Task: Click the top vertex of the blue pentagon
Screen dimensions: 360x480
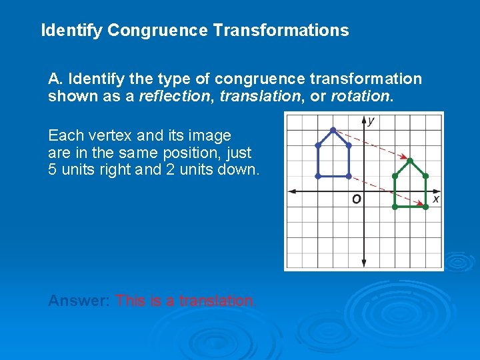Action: click(x=333, y=129)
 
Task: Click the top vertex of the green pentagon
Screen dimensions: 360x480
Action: click(x=411, y=161)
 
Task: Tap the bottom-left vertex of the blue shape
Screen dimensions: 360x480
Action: click(x=318, y=176)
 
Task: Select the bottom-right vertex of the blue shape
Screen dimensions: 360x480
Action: click(x=349, y=176)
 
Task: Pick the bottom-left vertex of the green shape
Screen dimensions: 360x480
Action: click(x=395, y=207)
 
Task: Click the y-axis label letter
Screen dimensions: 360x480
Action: click(x=371, y=121)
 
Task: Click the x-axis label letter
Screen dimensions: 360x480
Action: click(x=436, y=199)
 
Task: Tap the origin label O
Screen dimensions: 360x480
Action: click(x=357, y=199)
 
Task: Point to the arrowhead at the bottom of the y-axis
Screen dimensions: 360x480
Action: click(x=364, y=263)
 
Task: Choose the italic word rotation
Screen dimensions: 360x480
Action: click(x=359, y=96)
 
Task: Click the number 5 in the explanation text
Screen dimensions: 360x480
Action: click(x=53, y=169)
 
